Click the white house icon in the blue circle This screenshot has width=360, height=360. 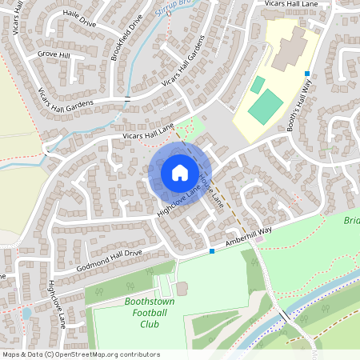pyautogui.click(x=179, y=172)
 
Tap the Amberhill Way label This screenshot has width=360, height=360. pyautogui.click(x=250, y=236)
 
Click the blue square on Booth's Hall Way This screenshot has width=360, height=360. pyautogui.click(x=306, y=74)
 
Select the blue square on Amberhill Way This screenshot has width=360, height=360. pyautogui.click(x=212, y=251)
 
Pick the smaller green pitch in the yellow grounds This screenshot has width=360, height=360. pyautogui.click(x=258, y=85)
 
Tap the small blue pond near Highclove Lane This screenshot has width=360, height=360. pyautogui.click(x=27, y=314)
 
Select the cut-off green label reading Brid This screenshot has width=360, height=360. pyautogui.click(x=352, y=221)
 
